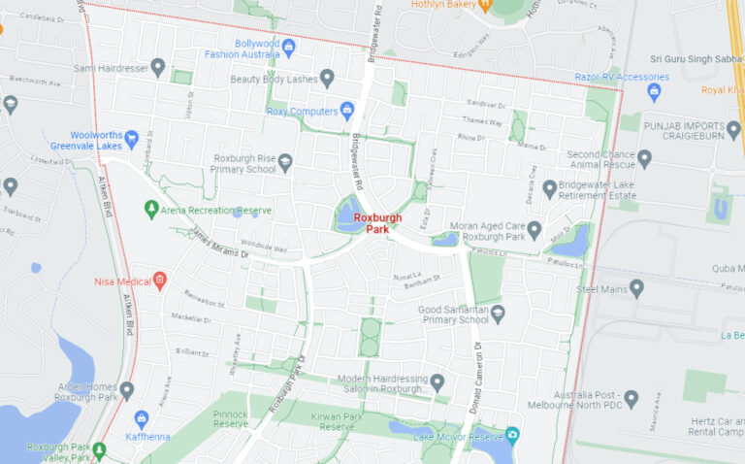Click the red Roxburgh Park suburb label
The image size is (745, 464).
pyautogui.click(x=377, y=224)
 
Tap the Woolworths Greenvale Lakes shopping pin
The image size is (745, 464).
pyautogui.click(x=131, y=139)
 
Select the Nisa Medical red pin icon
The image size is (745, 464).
pyautogui.click(x=161, y=281)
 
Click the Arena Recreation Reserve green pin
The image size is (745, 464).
pyautogui.click(x=151, y=209)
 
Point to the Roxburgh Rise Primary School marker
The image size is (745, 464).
pyautogui.click(x=285, y=162)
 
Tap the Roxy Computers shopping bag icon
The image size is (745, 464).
pyautogui.click(x=347, y=111)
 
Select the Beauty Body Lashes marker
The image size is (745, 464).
pyautogui.click(x=327, y=79)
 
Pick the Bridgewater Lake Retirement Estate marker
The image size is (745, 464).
pyautogui.click(x=549, y=188)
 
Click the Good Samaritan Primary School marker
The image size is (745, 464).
pyautogui.click(x=498, y=314)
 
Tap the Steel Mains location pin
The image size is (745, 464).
pyautogui.click(x=636, y=288)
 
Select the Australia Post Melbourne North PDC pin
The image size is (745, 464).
pyautogui.click(x=632, y=399)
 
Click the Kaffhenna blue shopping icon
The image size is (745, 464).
pyautogui.click(x=142, y=420)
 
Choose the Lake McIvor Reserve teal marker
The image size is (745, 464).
pyautogui.click(x=511, y=436)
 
